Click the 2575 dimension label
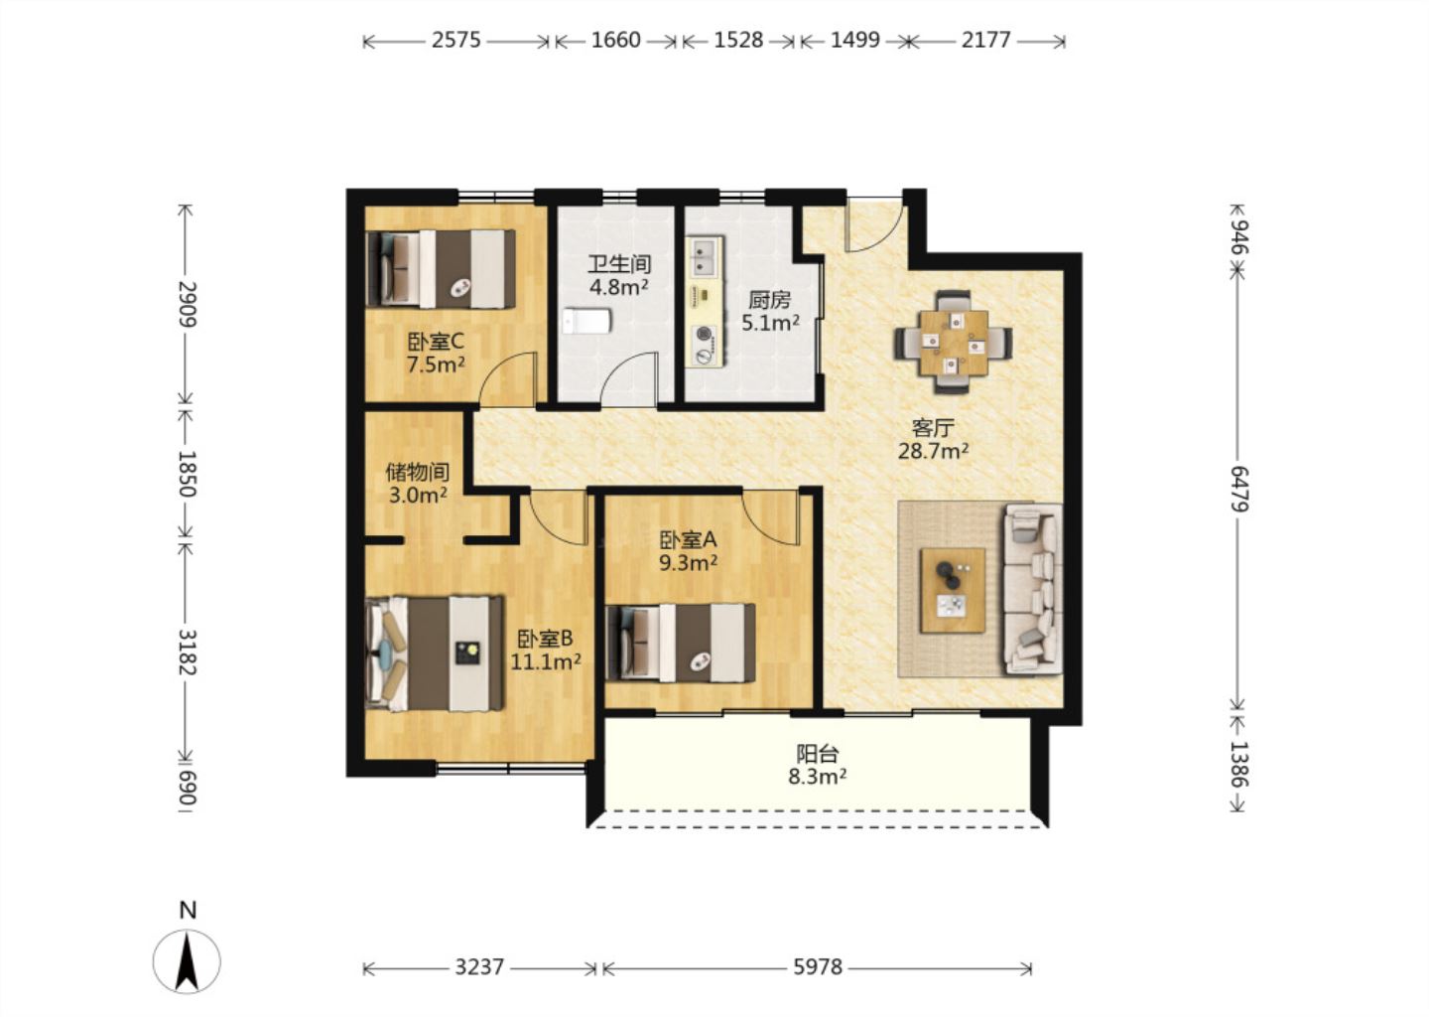[x=456, y=40]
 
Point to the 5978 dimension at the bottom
[x=818, y=967]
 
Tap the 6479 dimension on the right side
[x=1238, y=489]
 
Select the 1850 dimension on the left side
[x=187, y=474]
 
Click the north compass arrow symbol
[x=187, y=961]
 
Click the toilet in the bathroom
[x=586, y=321]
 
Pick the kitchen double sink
[x=705, y=256]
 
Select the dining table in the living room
[x=954, y=343]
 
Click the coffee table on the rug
[x=953, y=591]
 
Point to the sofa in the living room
[x=1033, y=589]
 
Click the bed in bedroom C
[x=441, y=269]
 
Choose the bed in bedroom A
[x=681, y=643]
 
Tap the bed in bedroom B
[x=435, y=654]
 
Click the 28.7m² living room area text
[x=933, y=451]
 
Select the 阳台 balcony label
[x=818, y=754]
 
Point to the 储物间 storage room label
[x=417, y=472]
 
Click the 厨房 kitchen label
[x=770, y=299]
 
